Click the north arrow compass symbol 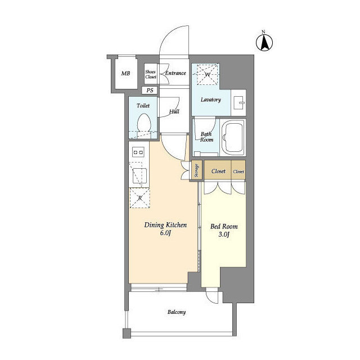(264, 43)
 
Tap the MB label (125, 74)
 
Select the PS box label (150, 90)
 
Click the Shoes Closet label (151, 74)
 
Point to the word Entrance (175, 73)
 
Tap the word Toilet (143, 106)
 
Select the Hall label (174, 112)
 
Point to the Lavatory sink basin (238, 102)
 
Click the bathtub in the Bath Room (233, 137)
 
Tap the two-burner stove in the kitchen (138, 152)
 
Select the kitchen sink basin (139, 175)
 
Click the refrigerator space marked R (140, 198)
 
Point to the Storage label (196, 170)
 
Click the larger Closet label (218, 171)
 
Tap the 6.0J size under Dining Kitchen (165, 233)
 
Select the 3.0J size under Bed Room (224, 235)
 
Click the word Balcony (177, 312)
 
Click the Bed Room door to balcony (211, 295)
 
